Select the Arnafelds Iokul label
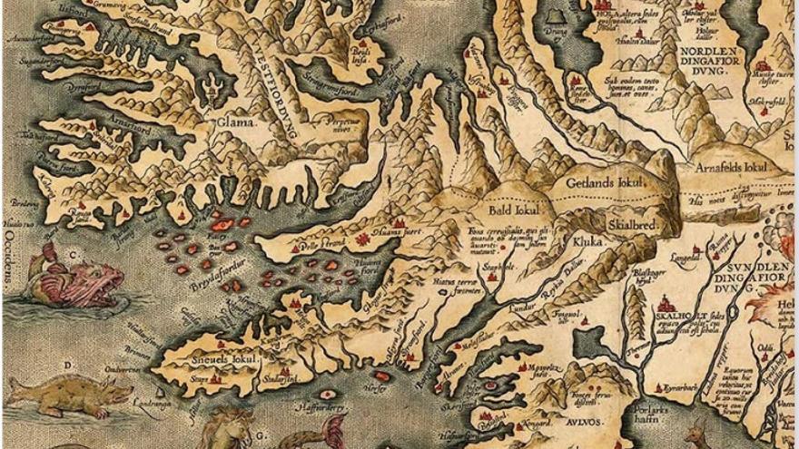tap(732, 169)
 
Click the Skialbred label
tap(626, 224)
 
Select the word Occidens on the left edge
tap(10, 257)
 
